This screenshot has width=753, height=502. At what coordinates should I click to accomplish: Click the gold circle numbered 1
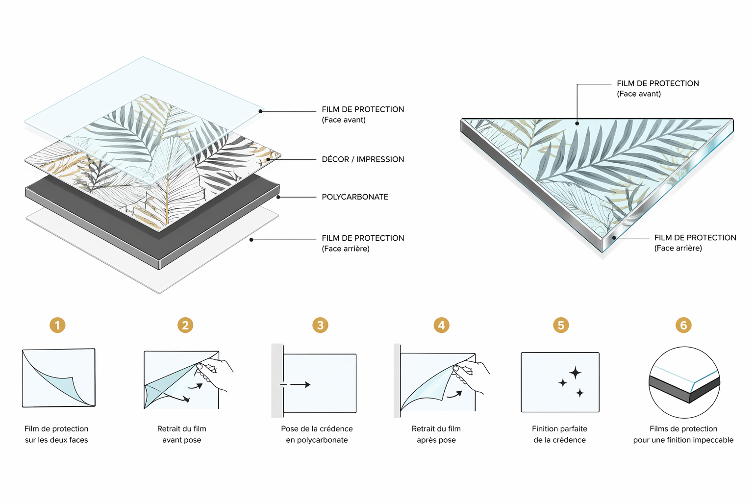tap(57, 325)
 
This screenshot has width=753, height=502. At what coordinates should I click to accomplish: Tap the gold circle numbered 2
tap(185, 325)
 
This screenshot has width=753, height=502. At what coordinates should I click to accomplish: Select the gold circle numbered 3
tap(320, 325)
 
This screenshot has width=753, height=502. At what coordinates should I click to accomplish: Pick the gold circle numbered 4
tap(441, 325)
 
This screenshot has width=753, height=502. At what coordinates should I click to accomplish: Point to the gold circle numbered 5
tap(561, 325)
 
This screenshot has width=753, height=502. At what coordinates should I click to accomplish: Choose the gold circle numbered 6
tap(683, 325)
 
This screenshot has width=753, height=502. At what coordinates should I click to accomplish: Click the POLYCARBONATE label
tap(355, 197)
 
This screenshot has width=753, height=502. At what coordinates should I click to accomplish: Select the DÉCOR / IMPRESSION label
tap(363, 159)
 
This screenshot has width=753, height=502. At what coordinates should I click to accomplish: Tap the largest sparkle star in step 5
tap(575, 373)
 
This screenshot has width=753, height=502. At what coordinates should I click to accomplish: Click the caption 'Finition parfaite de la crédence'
tap(560, 434)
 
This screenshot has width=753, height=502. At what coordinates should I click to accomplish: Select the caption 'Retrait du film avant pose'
tap(182, 434)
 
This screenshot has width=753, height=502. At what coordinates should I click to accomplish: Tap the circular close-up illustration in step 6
tap(684, 382)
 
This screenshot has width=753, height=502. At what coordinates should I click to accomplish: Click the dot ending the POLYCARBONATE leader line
tap(278, 197)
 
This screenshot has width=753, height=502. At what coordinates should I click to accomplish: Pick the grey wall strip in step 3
tap(277, 380)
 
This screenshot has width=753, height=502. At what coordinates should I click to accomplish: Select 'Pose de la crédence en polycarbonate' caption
tap(317, 434)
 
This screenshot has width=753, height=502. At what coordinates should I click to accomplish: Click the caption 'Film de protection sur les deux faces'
tap(56, 434)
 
